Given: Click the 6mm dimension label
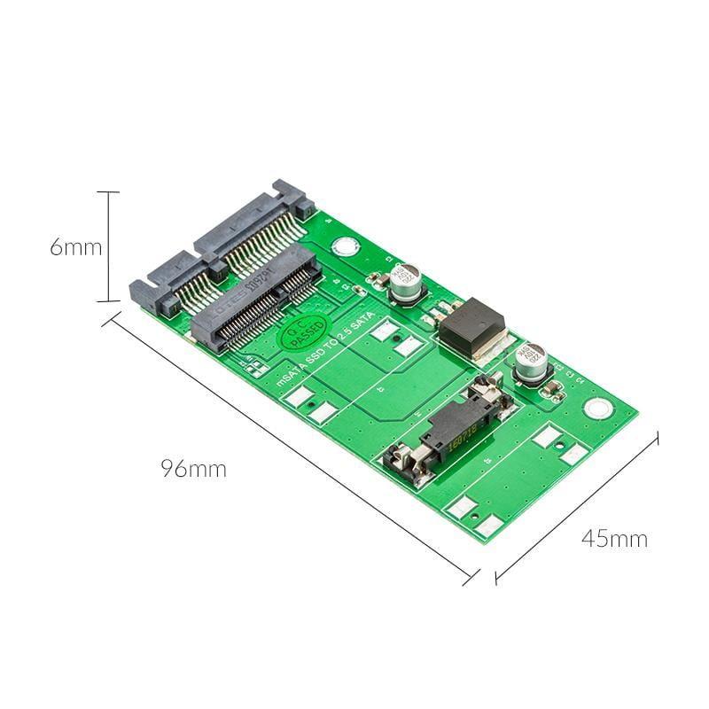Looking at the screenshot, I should click(75, 247).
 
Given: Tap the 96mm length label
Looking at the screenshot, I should click(193, 469).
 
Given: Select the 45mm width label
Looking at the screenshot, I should click(614, 538).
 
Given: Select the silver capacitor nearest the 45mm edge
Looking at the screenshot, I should click(532, 362).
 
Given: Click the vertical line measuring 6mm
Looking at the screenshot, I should click(108, 247).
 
